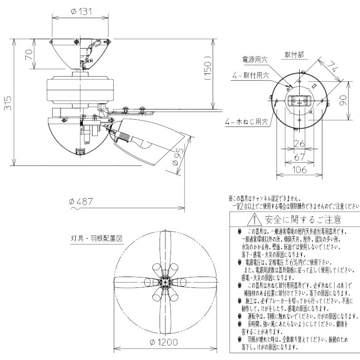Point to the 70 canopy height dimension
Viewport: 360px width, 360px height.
click(28, 54)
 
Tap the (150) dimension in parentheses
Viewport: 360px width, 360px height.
click(207, 68)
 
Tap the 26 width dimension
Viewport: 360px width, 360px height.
click(298, 144)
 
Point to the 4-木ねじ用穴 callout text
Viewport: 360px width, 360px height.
click(247, 122)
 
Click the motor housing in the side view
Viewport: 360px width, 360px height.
click(79, 89)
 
